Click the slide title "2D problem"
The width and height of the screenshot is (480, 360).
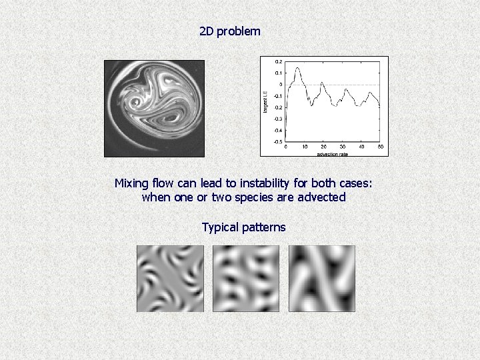(230, 31)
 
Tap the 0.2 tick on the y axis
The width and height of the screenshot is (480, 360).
(279, 61)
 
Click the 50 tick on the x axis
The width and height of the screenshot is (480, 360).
(380, 147)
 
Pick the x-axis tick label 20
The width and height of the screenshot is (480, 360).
(323, 147)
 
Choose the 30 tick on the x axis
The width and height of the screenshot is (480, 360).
(342, 147)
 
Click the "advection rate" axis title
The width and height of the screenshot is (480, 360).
(333, 153)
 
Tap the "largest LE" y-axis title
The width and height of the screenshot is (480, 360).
(266, 101)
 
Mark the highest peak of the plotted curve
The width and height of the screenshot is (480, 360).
(297, 67)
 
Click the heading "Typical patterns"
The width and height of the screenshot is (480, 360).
(243, 227)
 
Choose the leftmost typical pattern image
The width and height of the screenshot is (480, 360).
(170, 279)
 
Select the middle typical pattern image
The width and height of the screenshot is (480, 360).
(246, 279)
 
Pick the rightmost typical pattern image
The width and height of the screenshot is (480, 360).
(322, 279)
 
